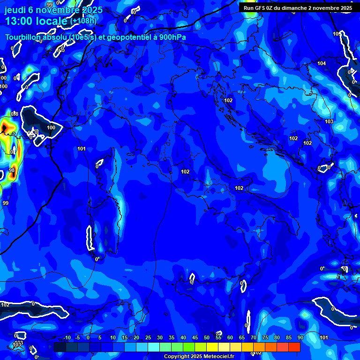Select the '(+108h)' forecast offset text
point(83,21)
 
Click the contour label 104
point(322,63)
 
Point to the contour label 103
point(329,121)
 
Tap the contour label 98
point(12,170)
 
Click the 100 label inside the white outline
point(51,127)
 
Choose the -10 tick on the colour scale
point(67,338)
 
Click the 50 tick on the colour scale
point(207,338)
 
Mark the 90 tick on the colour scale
point(300,338)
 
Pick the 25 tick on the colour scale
point(148,338)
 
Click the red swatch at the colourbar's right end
point(294,347)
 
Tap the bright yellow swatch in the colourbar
point(212,347)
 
